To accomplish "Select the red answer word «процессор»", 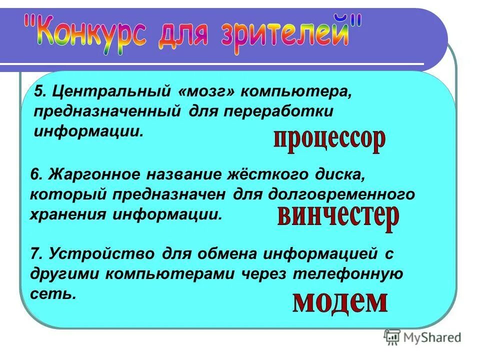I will tap(329, 139).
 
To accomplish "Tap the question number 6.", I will tap(36, 174).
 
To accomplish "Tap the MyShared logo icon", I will tap(392, 338).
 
